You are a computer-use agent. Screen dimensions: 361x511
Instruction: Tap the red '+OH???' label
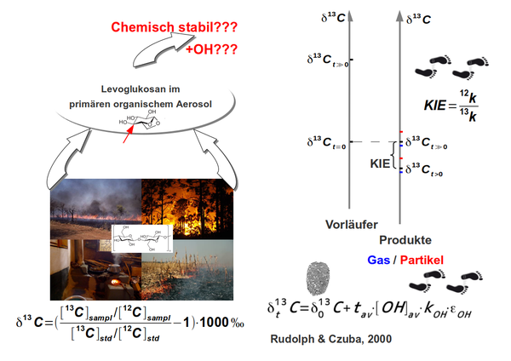pos(210,49)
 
